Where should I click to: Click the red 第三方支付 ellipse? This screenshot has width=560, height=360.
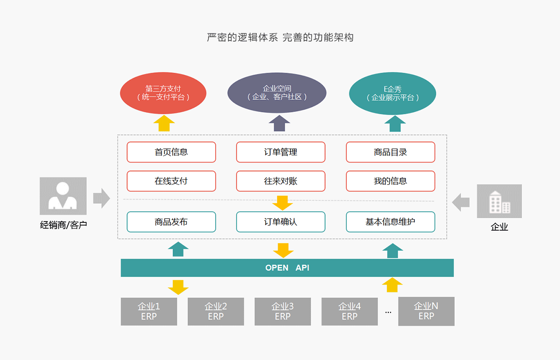(x=163, y=93)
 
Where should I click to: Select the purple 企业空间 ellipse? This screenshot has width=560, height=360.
(x=277, y=93)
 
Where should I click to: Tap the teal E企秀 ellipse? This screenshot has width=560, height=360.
(x=392, y=93)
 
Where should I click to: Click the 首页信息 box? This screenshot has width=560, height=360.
(x=171, y=152)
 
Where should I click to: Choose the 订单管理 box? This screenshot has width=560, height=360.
(x=280, y=152)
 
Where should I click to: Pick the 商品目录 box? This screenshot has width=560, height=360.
(x=391, y=152)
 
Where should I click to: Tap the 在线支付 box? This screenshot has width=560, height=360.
(x=171, y=181)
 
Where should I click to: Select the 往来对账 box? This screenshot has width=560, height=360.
(x=280, y=181)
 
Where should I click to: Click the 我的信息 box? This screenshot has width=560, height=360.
(x=391, y=181)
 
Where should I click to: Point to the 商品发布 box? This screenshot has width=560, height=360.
(x=171, y=222)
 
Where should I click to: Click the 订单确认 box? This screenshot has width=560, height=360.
(x=280, y=222)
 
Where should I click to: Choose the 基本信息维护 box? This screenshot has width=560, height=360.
(x=391, y=222)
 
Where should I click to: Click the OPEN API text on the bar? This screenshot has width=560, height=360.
(x=287, y=268)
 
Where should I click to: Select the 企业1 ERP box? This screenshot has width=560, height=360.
(x=149, y=311)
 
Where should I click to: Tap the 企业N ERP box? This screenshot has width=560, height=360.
(x=426, y=311)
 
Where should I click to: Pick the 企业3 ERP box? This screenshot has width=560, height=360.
(x=282, y=311)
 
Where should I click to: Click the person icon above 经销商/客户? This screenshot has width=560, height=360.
(x=63, y=196)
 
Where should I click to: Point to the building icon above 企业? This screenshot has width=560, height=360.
(x=499, y=201)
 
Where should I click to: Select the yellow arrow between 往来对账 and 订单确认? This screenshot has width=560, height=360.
(x=282, y=203)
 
